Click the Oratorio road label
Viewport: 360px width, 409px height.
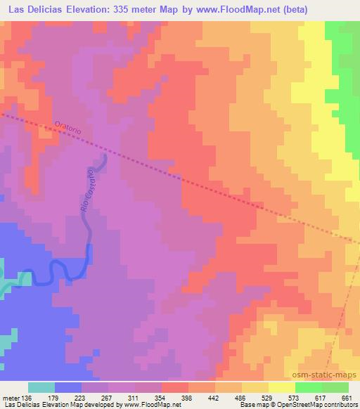coord(68,129)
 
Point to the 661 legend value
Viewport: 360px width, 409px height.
coord(345,398)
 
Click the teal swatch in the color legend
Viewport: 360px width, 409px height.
coord(41,387)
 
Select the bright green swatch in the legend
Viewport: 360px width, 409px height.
coord(308,387)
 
